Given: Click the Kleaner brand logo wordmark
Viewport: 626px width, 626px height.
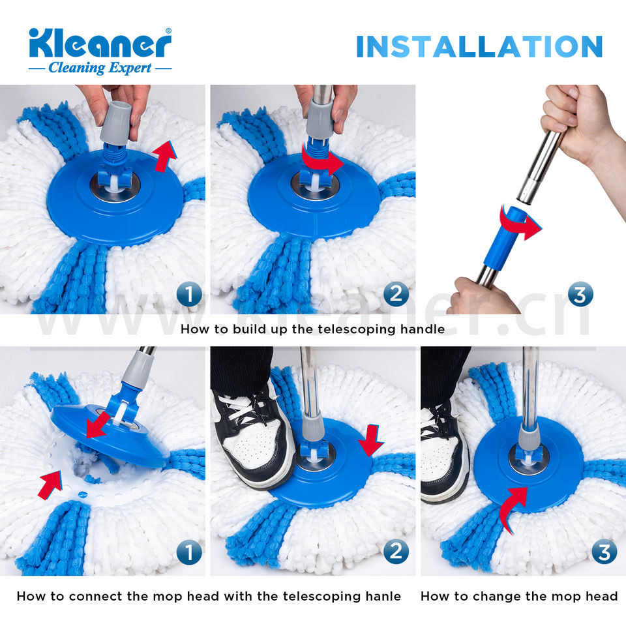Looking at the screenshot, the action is coord(100,43).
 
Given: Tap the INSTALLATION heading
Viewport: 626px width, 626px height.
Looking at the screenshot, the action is coord(479,47).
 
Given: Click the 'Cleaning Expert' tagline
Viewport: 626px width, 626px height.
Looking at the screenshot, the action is coord(100,68).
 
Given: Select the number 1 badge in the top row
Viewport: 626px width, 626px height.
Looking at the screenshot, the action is coord(189,295).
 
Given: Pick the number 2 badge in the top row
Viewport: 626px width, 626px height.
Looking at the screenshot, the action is coord(396,295).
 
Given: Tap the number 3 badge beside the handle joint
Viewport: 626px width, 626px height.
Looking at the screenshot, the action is coord(580,294).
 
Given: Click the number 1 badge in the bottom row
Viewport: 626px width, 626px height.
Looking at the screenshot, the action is coord(189,552).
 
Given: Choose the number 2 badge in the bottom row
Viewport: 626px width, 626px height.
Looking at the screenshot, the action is coord(396,552).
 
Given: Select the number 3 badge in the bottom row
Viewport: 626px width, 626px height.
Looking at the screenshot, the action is coord(604,552).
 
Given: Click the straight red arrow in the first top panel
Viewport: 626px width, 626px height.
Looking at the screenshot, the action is coord(164,157).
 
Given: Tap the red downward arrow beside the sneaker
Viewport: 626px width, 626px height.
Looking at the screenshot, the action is coord(371,440).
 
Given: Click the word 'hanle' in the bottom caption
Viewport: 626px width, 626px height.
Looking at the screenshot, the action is coord(383,596).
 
